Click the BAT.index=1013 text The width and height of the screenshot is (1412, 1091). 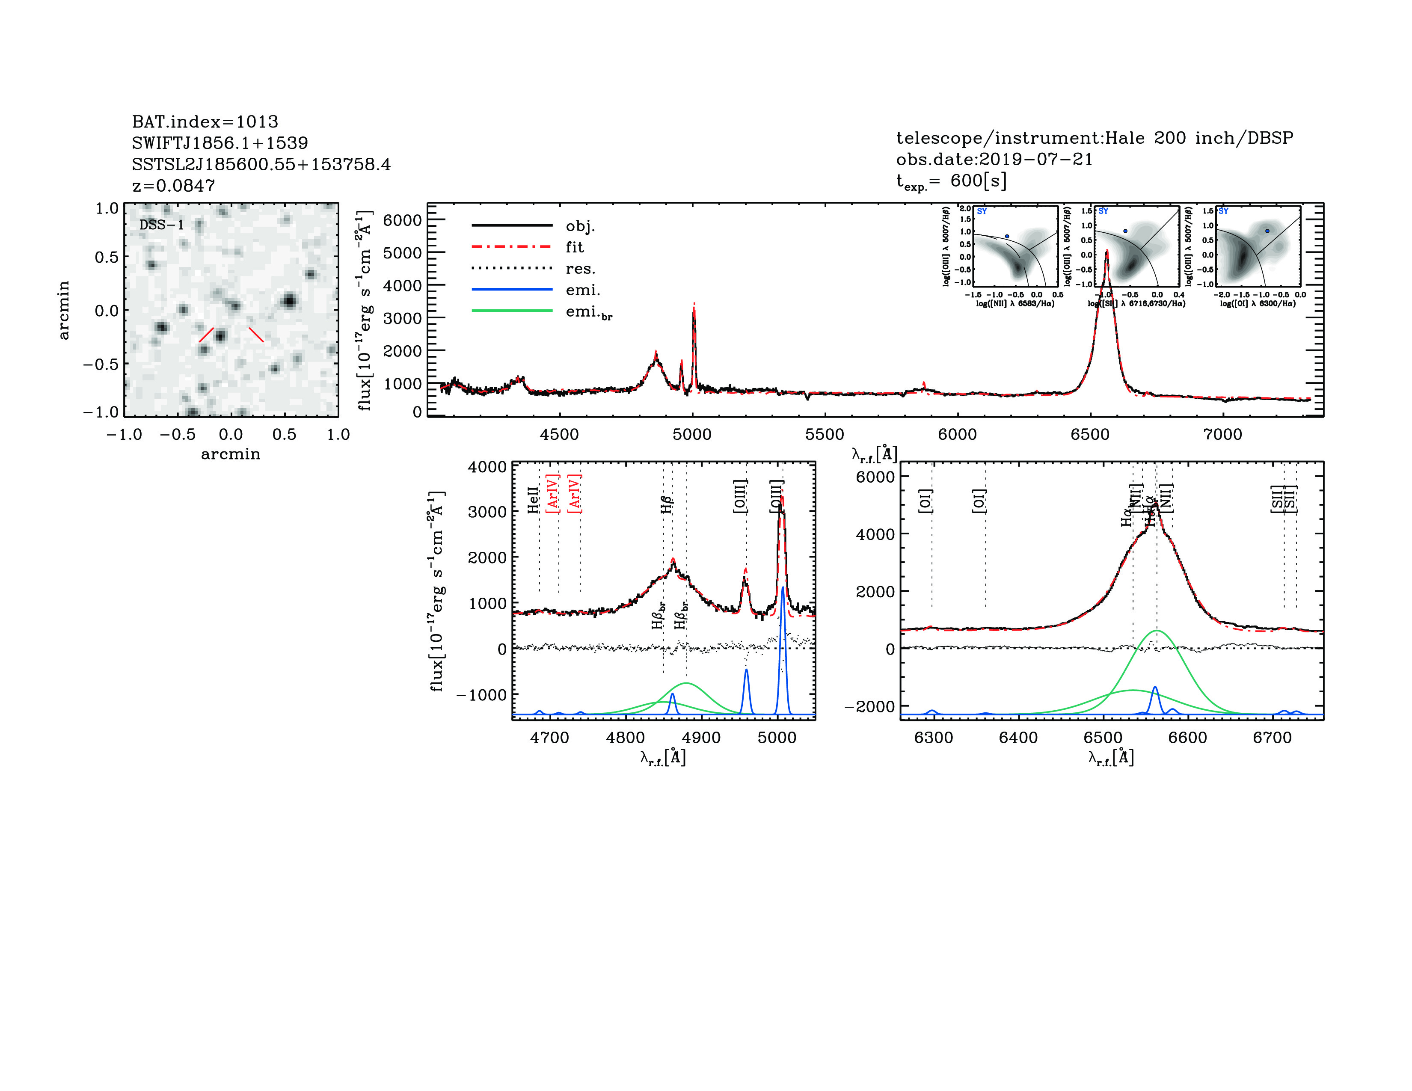tap(205, 122)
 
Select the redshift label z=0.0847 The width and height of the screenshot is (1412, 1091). tap(173, 186)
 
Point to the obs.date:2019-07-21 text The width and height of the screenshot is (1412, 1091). tap(994, 159)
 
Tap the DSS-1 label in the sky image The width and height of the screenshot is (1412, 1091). tap(162, 225)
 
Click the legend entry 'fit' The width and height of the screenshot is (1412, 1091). tap(574, 247)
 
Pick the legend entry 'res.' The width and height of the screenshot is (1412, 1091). tap(580, 269)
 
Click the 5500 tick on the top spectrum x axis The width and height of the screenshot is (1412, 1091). tap(825, 434)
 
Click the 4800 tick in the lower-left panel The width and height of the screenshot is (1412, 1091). tap(625, 738)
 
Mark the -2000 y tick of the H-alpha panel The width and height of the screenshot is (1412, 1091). tap(869, 706)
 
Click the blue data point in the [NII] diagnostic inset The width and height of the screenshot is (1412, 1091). tap(1007, 237)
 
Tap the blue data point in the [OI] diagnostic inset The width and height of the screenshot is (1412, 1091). tap(1267, 231)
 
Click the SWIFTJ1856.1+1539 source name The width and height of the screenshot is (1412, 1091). tap(220, 143)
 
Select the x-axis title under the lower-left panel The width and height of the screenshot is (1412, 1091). tap(663, 757)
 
